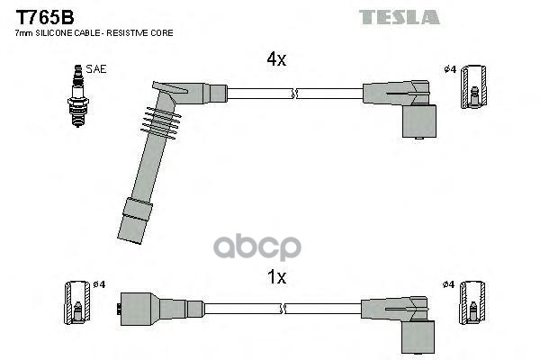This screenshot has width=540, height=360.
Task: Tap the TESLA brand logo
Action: (399, 17)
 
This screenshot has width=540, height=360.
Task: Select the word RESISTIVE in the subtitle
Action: (136, 32)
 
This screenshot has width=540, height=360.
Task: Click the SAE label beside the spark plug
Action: (94, 68)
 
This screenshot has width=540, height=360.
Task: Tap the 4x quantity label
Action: (275, 59)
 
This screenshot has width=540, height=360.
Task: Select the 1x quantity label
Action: (276, 277)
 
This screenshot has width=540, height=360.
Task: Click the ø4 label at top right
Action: (450, 69)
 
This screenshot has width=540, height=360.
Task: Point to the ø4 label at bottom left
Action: (99, 285)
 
